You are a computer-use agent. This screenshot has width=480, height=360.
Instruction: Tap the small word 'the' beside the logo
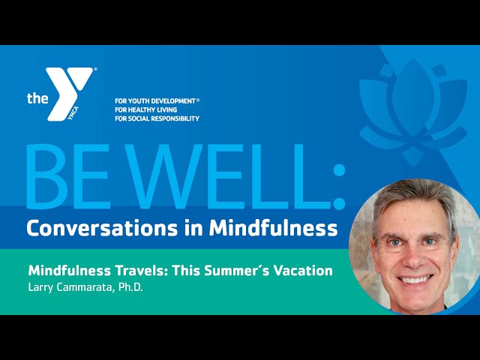click(x=37, y=98)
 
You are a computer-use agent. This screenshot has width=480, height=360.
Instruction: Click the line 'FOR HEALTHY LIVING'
click(x=146, y=109)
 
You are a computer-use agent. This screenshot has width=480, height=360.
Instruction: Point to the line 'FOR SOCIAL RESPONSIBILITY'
click(x=157, y=118)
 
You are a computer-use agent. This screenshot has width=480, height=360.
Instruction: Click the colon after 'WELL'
click(x=338, y=187)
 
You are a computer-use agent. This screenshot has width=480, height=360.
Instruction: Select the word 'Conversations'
click(x=102, y=228)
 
